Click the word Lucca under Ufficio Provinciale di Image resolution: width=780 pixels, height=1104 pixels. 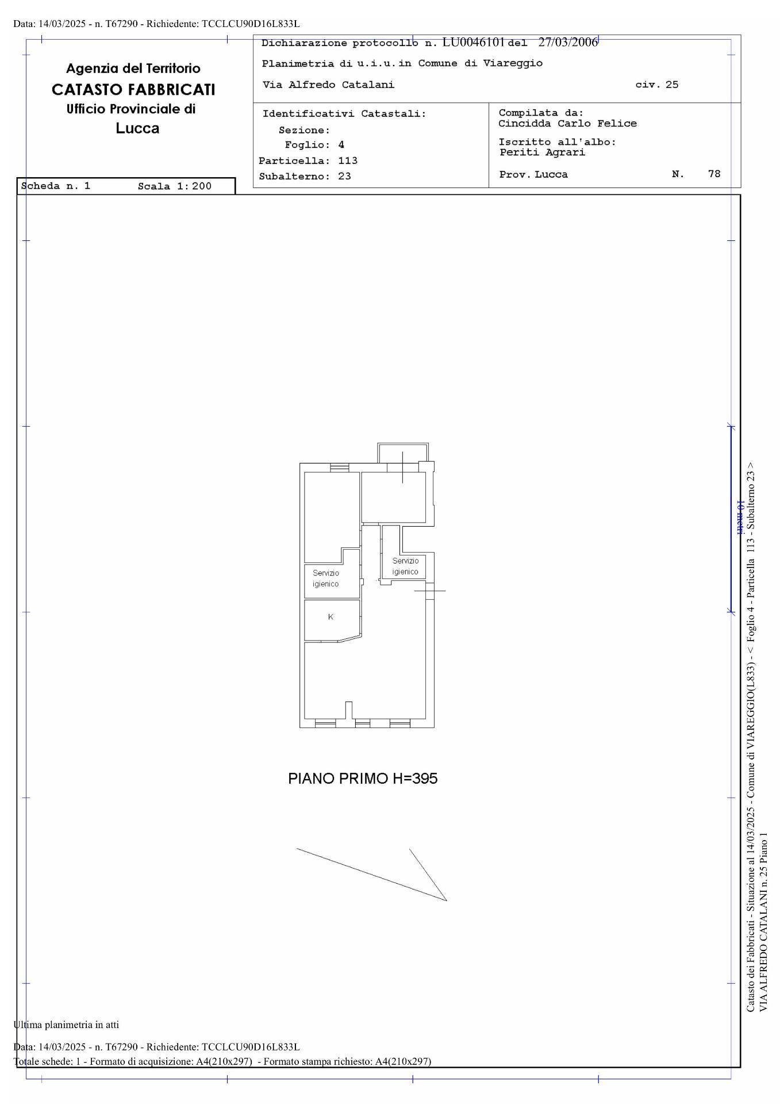tap(137, 128)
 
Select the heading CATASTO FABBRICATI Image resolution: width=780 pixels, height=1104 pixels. tap(133, 90)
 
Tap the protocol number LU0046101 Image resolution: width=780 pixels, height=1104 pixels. tap(473, 43)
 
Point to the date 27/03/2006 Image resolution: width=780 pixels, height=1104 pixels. tap(568, 43)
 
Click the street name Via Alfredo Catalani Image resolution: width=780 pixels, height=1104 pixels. tap(328, 85)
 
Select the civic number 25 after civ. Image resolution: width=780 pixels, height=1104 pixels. tap(672, 85)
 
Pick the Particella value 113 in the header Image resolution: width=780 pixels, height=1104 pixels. tap(348, 161)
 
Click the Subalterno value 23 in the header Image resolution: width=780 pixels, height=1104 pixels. tap(344, 177)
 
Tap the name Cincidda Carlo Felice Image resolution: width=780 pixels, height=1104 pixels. tap(567, 124)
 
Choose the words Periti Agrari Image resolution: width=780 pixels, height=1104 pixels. tap(542, 152)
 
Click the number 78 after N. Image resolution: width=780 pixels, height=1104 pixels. tap(714, 174)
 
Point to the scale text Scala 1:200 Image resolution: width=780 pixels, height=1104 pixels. tap(175, 186)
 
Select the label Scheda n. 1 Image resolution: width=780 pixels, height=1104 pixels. tap(56, 186)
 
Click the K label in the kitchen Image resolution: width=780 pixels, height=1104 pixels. tap(331, 617)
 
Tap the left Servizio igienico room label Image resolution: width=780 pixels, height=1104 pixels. tap(326, 578)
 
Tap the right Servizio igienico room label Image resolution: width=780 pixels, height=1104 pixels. tap(405, 566)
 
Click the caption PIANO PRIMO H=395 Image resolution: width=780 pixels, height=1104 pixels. tap(363, 779)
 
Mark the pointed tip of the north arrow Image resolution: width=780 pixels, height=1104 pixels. tap(447, 900)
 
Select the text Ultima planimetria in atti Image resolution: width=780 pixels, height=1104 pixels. tap(66, 1025)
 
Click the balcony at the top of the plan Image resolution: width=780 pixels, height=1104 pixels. tap(403, 453)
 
